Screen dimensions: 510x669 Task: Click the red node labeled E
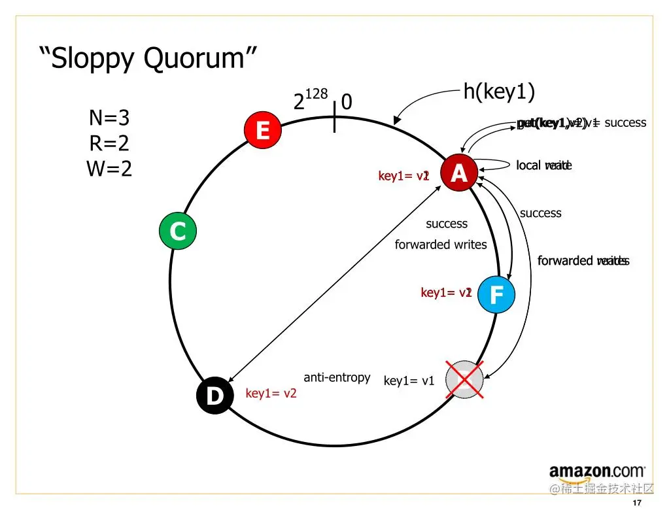tap(262, 130)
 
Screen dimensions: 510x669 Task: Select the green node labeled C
tap(177, 231)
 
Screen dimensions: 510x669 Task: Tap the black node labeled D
tap(214, 396)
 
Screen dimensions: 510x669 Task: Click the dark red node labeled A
tap(459, 173)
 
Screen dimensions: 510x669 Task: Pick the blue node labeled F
tap(496, 295)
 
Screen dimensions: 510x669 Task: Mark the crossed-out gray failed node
tap(464, 379)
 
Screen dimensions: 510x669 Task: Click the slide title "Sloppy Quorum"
tap(148, 58)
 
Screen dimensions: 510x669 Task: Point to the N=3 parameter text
tap(109, 118)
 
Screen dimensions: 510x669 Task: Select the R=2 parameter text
tap(109, 143)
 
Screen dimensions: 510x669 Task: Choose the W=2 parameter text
tap(109, 169)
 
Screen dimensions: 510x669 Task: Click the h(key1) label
tap(499, 92)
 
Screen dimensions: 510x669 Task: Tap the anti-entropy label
tap(337, 377)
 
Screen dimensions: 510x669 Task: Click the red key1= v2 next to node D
tap(271, 393)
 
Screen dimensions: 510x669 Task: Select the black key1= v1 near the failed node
tap(409, 381)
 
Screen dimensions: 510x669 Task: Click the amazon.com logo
tap(597, 471)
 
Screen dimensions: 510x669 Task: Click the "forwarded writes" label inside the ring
tap(441, 245)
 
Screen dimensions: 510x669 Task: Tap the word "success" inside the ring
tap(447, 224)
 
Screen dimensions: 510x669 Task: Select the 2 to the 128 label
tap(310, 100)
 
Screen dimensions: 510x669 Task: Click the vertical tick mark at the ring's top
tap(335, 116)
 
